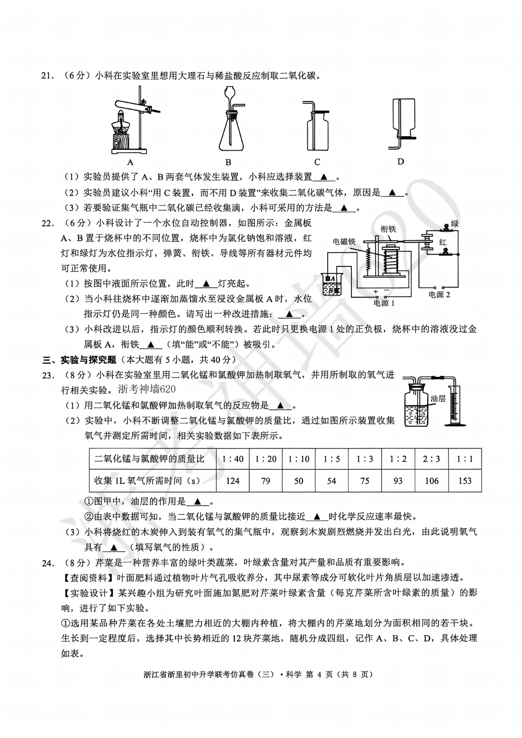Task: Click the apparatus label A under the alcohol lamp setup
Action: click(x=130, y=162)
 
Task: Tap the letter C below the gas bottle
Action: click(x=317, y=162)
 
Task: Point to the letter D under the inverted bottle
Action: click(x=400, y=161)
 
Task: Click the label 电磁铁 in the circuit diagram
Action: click(x=344, y=242)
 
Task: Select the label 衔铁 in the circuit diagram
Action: click(x=388, y=229)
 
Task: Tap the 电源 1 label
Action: click(x=384, y=303)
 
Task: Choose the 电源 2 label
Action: click(x=439, y=294)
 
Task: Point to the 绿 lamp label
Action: click(x=455, y=224)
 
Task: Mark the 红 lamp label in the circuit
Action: click(x=443, y=242)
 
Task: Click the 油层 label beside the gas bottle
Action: click(x=437, y=399)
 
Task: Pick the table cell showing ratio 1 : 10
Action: click(x=299, y=459)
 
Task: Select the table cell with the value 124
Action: click(x=232, y=481)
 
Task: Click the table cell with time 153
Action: click(x=464, y=481)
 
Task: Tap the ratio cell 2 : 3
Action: click(x=431, y=459)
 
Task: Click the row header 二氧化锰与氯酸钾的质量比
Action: click(x=149, y=459)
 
